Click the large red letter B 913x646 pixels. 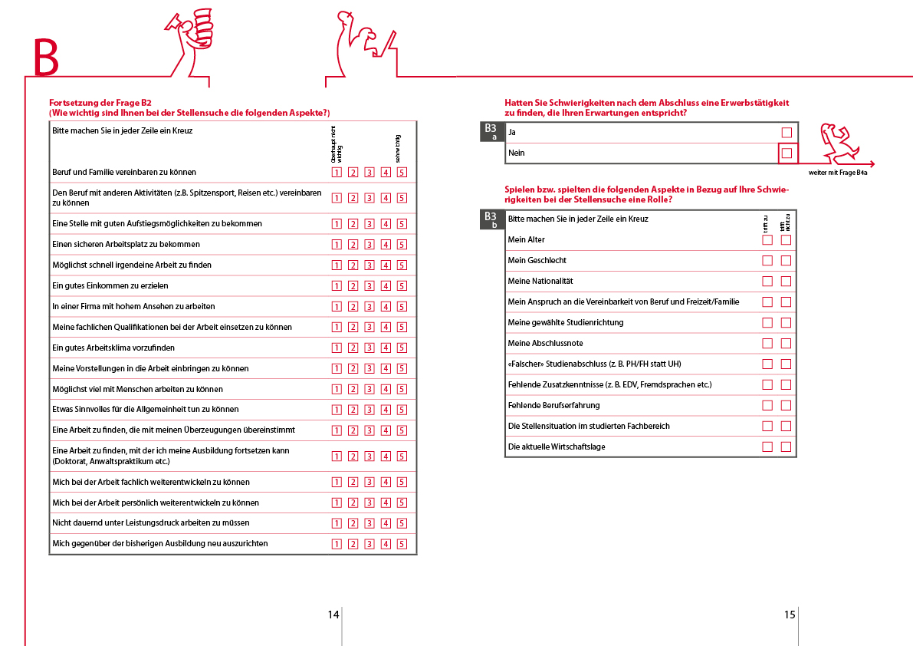point(45,58)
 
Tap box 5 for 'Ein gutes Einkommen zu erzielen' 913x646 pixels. point(402,286)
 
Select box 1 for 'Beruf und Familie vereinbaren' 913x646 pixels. point(337,173)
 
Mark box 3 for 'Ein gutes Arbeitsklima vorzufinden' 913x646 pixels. point(369,348)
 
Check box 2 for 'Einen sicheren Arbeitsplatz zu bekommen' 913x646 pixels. point(353,245)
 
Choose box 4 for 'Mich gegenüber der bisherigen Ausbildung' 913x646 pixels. point(386,544)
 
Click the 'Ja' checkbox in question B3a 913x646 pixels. point(787,133)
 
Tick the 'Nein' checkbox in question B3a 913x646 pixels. point(787,153)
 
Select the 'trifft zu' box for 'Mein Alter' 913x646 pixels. point(767,240)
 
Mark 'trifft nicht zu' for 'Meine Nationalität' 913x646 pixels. point(786,282)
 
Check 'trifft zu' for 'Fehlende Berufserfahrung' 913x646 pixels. point(767,406)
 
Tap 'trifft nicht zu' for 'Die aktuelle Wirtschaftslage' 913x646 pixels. point(786,447)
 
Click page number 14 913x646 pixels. point(333,615)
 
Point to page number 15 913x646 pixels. point(790,615)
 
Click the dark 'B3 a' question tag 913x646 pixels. point(491,132)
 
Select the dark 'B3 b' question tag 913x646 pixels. point(491,220)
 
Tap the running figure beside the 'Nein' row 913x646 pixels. point(839,142)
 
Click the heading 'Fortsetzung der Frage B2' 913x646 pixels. point(100,103)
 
